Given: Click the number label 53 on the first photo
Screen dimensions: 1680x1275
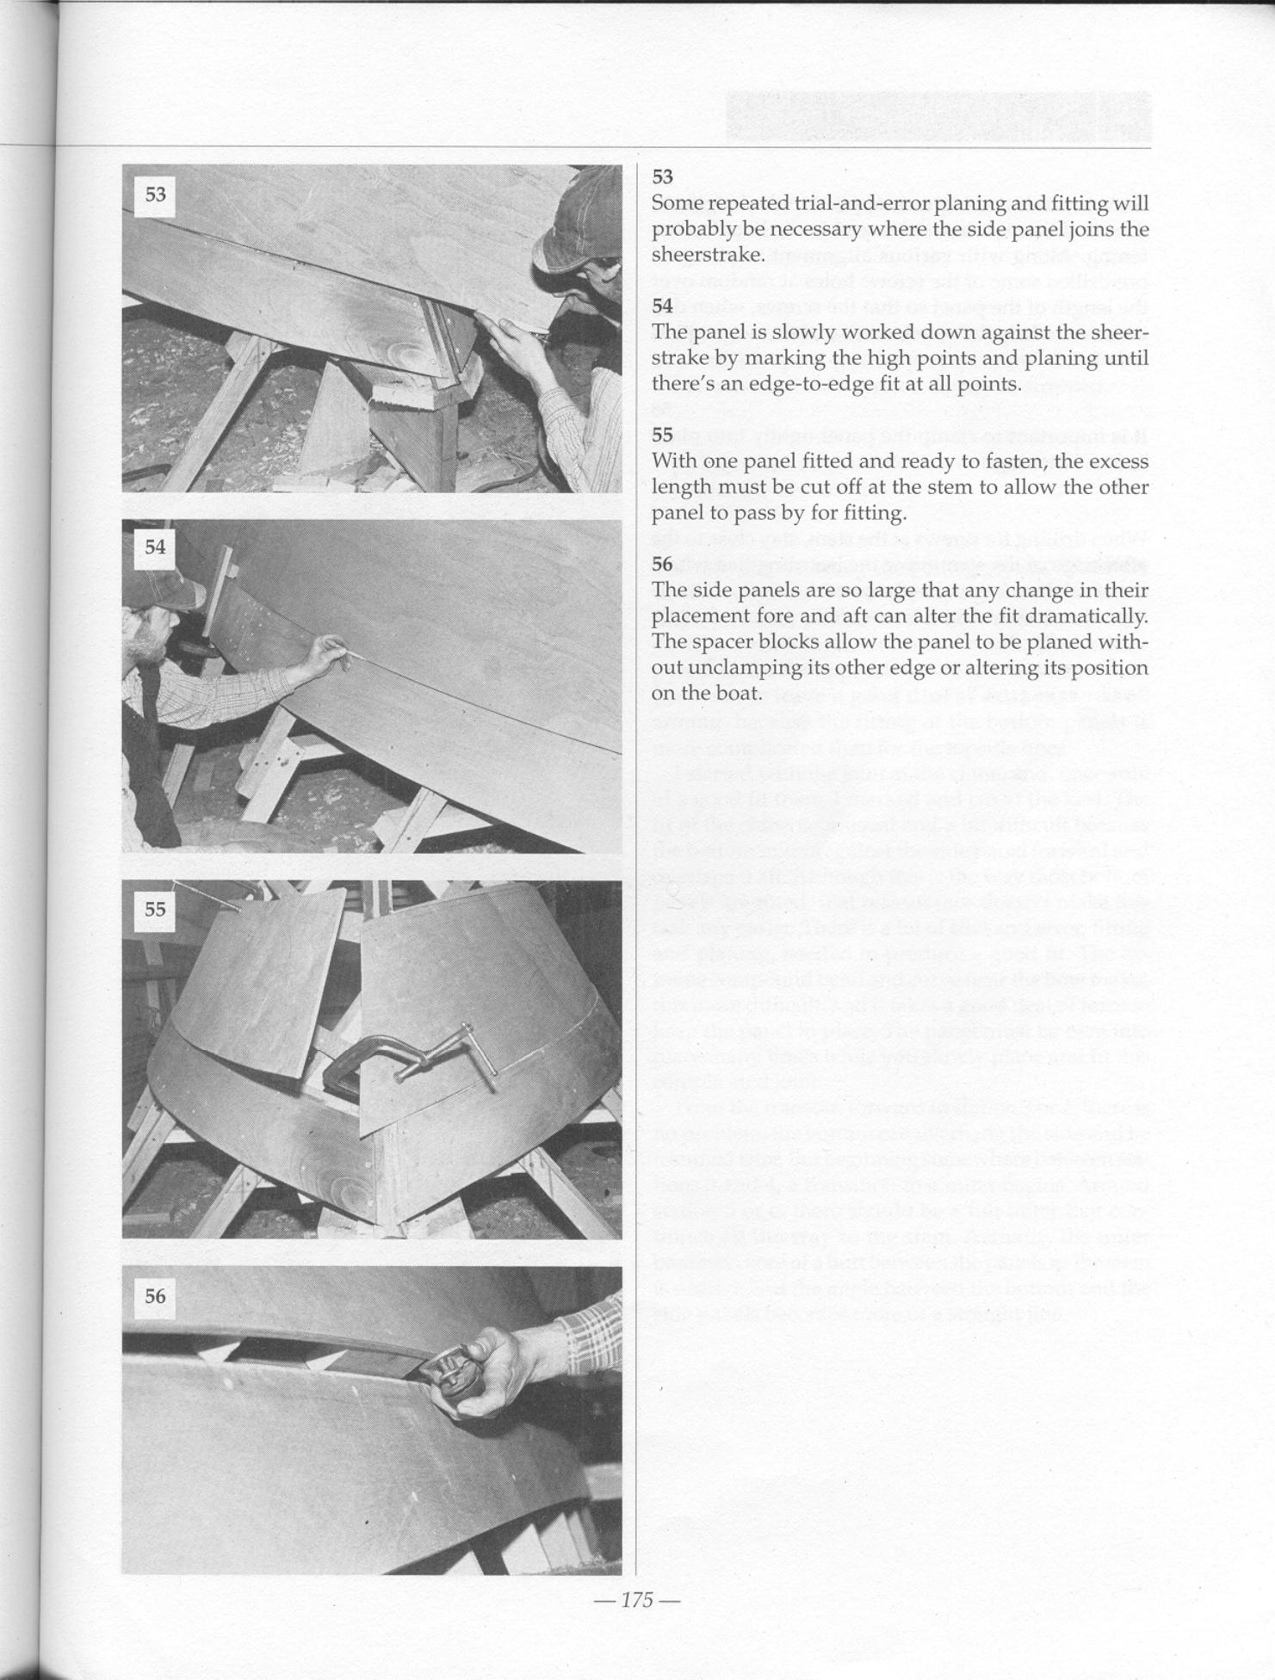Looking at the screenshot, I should (x=155, y=195).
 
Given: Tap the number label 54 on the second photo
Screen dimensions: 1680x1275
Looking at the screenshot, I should (x=155, y=547).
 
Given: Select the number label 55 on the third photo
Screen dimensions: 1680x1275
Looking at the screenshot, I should (x=155, y=909).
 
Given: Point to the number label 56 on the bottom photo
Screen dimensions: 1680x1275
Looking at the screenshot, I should (x=155, y=1296).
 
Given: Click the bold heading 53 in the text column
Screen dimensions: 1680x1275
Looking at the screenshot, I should (x=662, y=177).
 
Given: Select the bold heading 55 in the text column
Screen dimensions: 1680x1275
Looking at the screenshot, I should (x=662, y=435).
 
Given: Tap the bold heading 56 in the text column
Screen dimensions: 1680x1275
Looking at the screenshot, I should (x=662, y=565).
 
